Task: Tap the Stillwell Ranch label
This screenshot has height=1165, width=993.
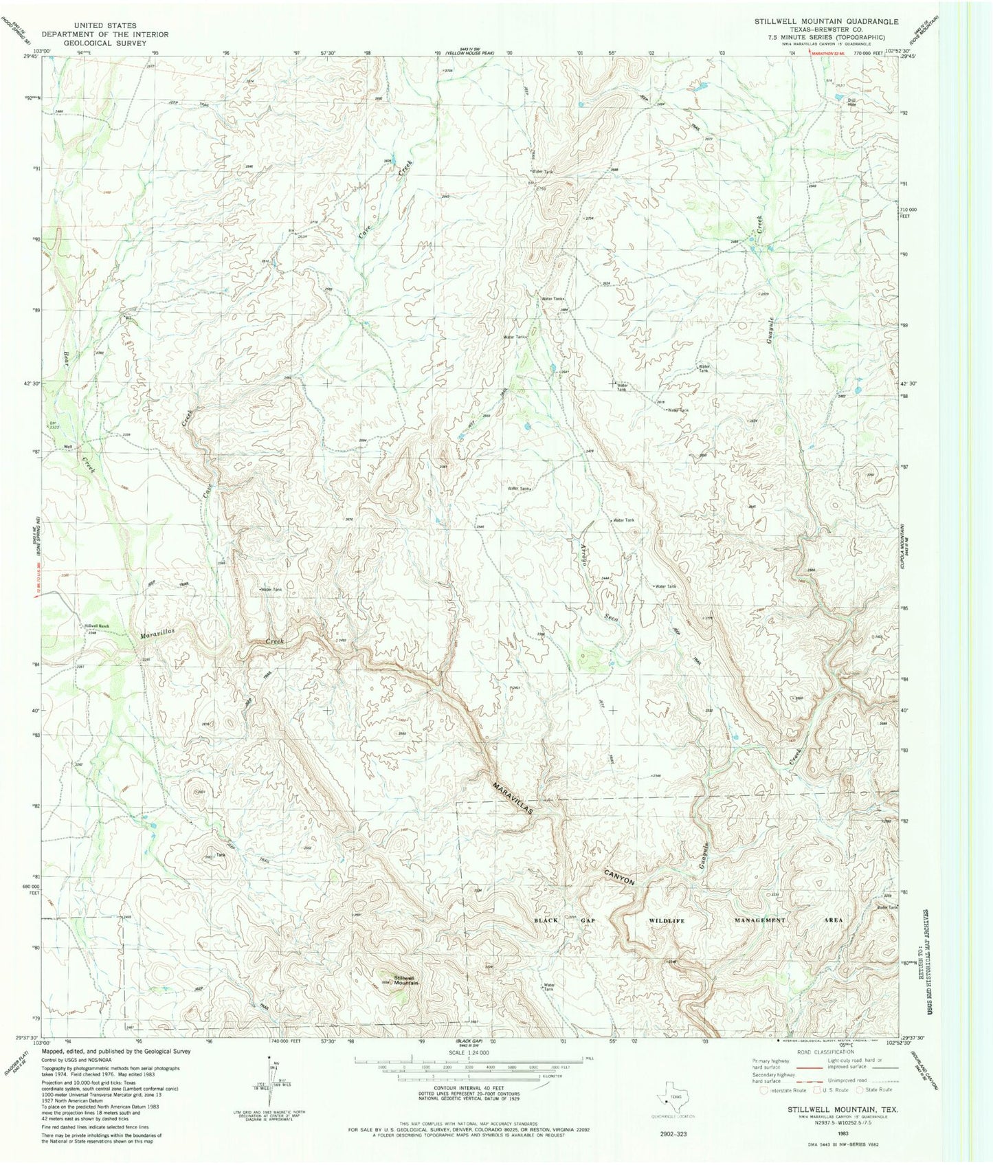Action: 97,625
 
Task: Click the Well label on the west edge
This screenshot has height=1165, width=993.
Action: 68,445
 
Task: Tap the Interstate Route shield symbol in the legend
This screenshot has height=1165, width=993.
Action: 764,1089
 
